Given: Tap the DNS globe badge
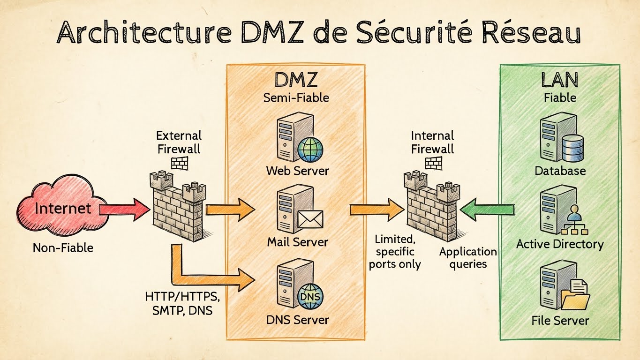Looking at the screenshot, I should [310, 297].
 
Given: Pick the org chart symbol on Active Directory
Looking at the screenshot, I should [574, 224].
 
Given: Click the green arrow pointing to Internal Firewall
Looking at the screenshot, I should [486, 209].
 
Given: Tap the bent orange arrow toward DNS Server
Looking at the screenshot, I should [206, 274].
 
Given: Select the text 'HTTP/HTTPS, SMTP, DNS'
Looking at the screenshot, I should [182, 303].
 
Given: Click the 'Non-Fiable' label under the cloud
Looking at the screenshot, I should [63, 247].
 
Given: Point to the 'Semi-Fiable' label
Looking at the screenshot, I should [296, 98].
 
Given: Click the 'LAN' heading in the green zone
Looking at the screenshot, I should [559, 80].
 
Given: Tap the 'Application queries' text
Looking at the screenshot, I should [467, 258].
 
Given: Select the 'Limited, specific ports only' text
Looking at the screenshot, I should [394, 252].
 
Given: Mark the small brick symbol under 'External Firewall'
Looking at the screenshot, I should [179, 163].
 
